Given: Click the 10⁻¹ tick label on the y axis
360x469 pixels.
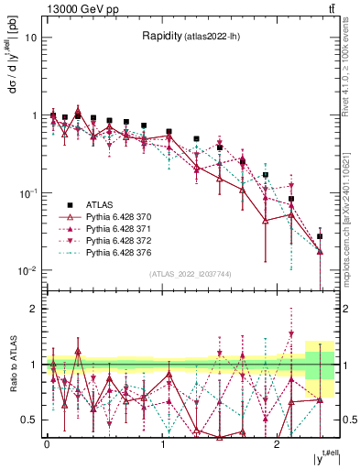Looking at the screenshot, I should click(29, 193).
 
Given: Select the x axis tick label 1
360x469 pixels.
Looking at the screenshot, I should click(162, 444).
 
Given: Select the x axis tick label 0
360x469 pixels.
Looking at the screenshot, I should click(47, 444).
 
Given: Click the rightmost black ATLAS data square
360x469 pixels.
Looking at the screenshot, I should click(320, 236).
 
